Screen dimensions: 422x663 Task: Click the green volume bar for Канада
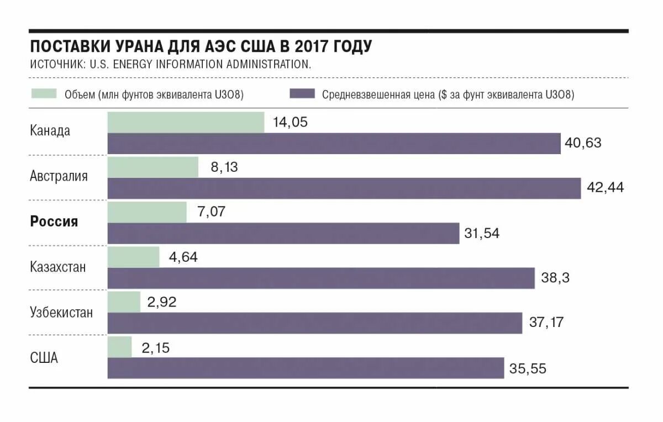(186, 123)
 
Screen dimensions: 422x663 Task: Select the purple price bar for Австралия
(344, 188)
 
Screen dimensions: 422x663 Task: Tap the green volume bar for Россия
(147, 212)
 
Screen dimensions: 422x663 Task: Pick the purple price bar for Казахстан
(321, 278)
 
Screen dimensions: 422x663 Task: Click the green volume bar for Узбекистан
(124, 302)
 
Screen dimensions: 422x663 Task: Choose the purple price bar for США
(306, 368)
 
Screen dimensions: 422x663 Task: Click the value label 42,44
(605, 188)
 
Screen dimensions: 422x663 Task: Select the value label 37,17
(546, 323)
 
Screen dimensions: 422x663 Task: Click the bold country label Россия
(54, 222)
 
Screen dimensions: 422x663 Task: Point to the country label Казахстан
(58, 267)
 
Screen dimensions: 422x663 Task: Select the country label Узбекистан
(61, 312)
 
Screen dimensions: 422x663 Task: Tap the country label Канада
(50, 131)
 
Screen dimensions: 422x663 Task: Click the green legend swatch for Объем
(44, 94)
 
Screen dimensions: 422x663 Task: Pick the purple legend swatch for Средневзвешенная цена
(302, 94)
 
